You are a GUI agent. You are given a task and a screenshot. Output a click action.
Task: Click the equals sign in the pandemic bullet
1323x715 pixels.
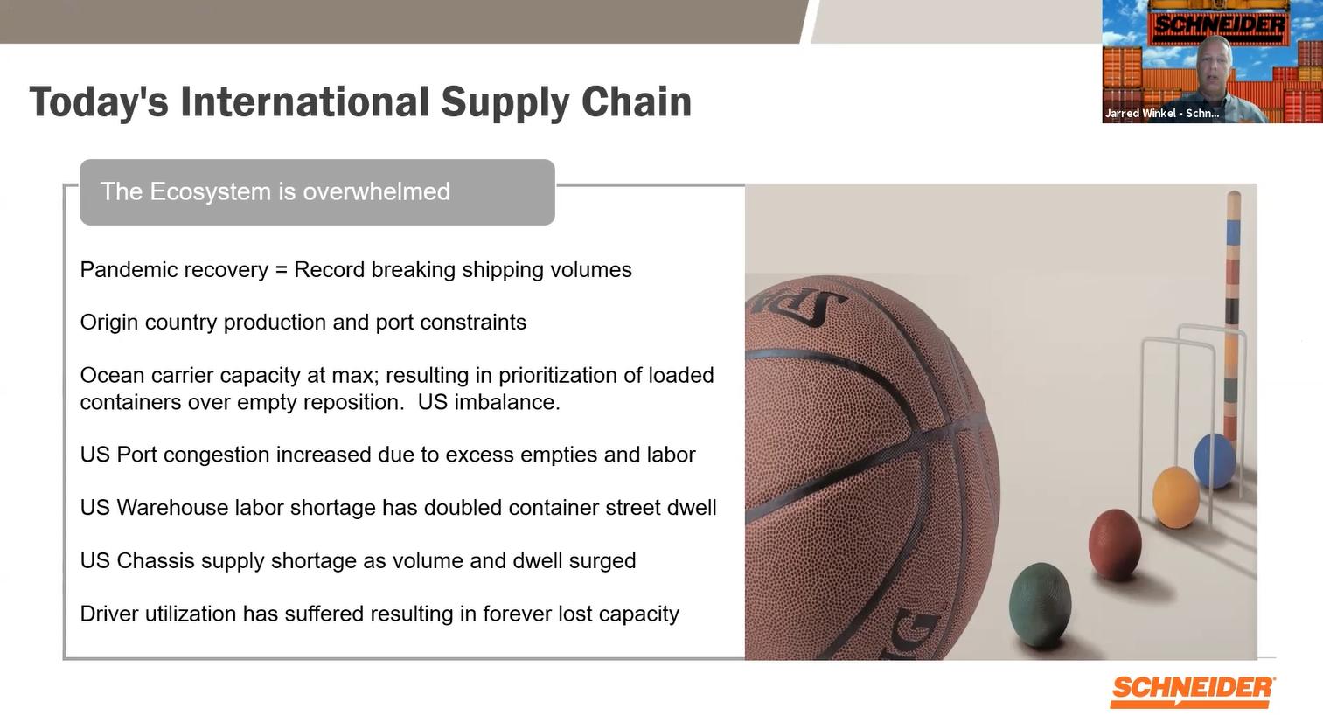click(x=281, y=270)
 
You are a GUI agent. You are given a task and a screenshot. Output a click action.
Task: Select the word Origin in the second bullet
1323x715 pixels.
click(x=109, y=323)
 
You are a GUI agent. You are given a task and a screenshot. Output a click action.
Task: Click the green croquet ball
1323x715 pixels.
click(x=1041, y=605)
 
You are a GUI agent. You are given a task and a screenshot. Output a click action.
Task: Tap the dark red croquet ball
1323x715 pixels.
click(x=1115, y=545)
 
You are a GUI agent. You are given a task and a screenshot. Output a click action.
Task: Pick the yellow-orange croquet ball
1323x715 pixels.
click(x=1176, y=497)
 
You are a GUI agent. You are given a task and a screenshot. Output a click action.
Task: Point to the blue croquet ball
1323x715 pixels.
click(x=1214, y=460)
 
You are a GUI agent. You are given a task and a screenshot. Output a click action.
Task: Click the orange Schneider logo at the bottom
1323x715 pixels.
click(x=1193, y=690)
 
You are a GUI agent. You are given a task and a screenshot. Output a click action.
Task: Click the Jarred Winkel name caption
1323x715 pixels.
click(x=1161, y=113)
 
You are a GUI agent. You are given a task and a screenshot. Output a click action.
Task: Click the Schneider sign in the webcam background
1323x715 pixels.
click(x=1220, y=25)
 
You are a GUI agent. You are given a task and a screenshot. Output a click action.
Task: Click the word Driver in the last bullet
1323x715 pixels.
click(x=109, y=614)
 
